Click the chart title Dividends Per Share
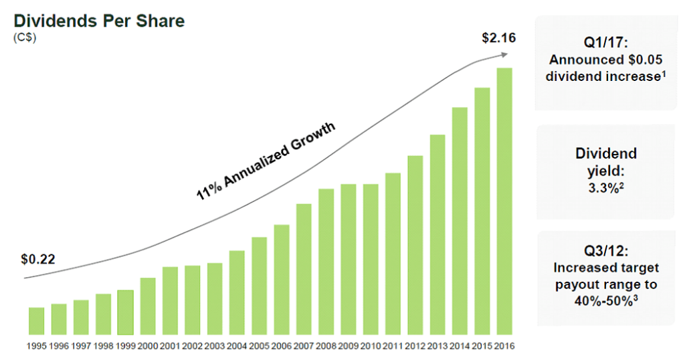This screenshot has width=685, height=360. pos(99,21)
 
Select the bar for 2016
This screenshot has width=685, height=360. pos(504,201)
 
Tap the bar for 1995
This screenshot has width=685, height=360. pos(37,321)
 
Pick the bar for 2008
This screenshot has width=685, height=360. pos(326,262)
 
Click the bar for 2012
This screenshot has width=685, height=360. pos(415,245)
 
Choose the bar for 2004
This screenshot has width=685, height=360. pos(237,292)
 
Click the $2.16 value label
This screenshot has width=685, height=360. pos(498,37)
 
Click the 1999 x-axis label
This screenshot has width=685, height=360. pos(126,347)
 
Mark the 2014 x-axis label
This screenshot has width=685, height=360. pos(460,347)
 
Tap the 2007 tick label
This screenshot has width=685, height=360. pos(304,347)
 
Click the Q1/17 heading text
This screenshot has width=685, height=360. pos(606,43)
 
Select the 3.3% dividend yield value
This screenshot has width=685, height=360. pos(606,189)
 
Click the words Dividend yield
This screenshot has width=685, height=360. pos(606,162)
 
